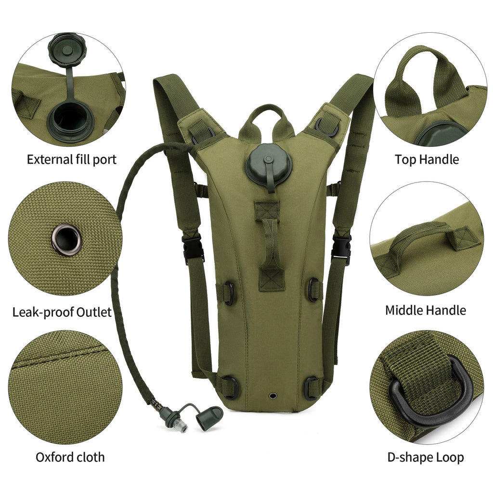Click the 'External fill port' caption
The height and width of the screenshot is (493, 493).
click(x=71, y=159)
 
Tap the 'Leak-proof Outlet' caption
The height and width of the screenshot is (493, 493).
click(x=62, y=312)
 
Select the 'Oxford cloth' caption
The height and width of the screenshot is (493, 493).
click(x=70, y=457)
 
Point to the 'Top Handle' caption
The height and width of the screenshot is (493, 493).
click(x=427, y=159)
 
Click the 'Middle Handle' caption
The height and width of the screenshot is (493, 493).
click(x=425, y=310)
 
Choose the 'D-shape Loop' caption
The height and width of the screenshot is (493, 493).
click(x=426, y=457)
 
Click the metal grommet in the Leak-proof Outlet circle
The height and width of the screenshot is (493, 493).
click(x=65, y=239)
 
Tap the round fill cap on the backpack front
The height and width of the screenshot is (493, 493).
click(x=268, y=167)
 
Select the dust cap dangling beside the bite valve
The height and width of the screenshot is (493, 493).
click(x=209, y=416)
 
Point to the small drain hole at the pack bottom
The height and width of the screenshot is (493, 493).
click(x=273, y=395)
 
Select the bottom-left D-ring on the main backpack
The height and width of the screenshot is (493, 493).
click(x=230, y=387)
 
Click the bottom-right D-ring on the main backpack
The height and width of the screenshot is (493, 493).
click(x=312, y=388)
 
